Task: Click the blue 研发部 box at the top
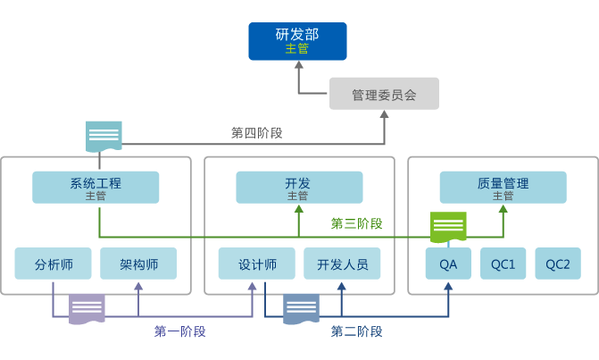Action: point(297,42)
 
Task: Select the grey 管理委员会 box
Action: point(384,94)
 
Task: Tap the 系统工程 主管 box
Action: point(96,188)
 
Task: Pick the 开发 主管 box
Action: point(299,188)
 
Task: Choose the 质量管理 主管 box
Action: point(503,188)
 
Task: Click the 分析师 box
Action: point(53,264)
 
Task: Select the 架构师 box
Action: point(138,264)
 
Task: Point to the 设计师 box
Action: point(256,264)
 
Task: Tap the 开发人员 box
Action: point(342,264)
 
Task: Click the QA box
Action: point(448,264)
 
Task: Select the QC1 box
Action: point(503,264)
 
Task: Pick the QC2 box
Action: point(558,264)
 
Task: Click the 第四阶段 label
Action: point(256,133)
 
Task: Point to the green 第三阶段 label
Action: point(356,223)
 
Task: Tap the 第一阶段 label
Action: point(179,331)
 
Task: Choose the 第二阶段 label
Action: point(356,331)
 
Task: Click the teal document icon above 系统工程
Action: point(104,137)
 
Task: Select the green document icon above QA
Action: point(448,227)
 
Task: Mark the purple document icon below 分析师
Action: point(87,309)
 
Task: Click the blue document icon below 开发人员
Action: point(301,309)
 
